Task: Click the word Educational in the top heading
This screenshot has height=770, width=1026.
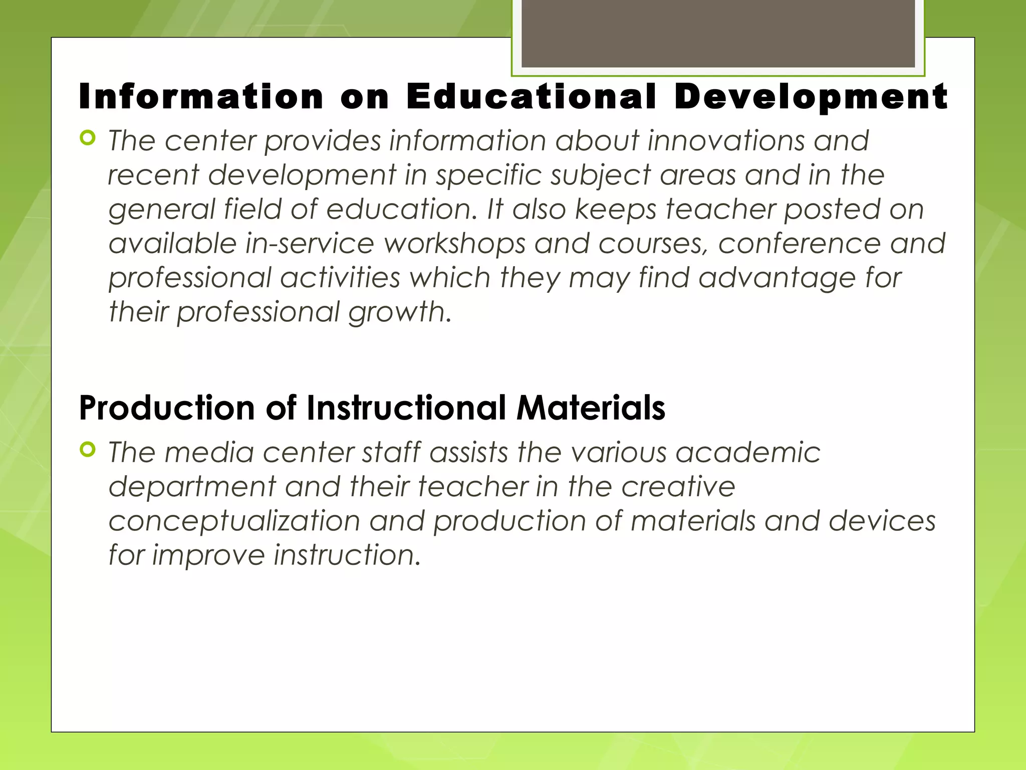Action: click(531, 96)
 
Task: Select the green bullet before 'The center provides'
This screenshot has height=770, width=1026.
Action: click(88, 138)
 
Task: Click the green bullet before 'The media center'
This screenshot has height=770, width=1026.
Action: click(88, 450)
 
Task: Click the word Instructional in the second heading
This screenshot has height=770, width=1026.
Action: click(406, 408)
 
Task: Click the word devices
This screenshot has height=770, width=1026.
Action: click(882, 521)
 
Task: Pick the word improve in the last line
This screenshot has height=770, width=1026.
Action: click(208, 555)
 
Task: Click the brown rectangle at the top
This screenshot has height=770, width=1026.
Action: click(718, 33)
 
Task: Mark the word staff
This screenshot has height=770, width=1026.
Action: click(391, 452)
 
